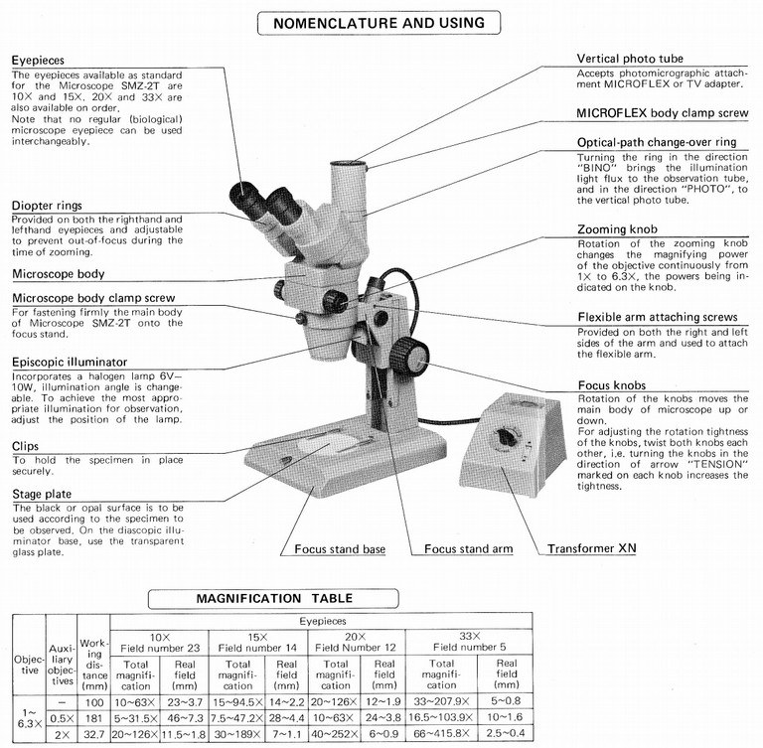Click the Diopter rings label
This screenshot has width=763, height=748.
(48, 207)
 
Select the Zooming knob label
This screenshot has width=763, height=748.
(619, 228)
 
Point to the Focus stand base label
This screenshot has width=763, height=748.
(340, 548)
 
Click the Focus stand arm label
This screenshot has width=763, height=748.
(467, 548)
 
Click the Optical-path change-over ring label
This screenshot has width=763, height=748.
(656, 142)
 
